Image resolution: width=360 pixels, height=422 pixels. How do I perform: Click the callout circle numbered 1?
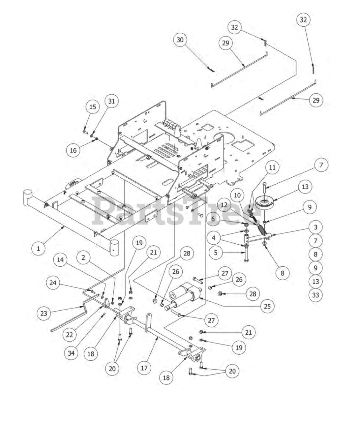point(39,248)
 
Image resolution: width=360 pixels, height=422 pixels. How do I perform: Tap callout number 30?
point(180,40)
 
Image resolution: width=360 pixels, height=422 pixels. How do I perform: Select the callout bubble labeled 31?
point(111,101)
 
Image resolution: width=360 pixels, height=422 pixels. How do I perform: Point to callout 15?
point(93,107)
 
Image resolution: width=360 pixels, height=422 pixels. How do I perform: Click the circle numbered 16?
point(73,150)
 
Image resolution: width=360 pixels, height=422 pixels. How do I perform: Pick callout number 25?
point(267,306)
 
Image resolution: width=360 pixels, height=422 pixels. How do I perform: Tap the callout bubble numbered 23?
point(44,313)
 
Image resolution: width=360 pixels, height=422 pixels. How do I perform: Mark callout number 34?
point(71,353)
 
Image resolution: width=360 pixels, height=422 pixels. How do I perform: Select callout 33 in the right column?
point(315,295)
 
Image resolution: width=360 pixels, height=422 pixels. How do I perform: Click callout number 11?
point(272,167)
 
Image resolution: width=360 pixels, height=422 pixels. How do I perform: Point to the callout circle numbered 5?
point(216,253)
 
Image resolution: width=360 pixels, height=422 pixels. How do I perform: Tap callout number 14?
point(60,260)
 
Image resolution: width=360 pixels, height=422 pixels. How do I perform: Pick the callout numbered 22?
point(69,335)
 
